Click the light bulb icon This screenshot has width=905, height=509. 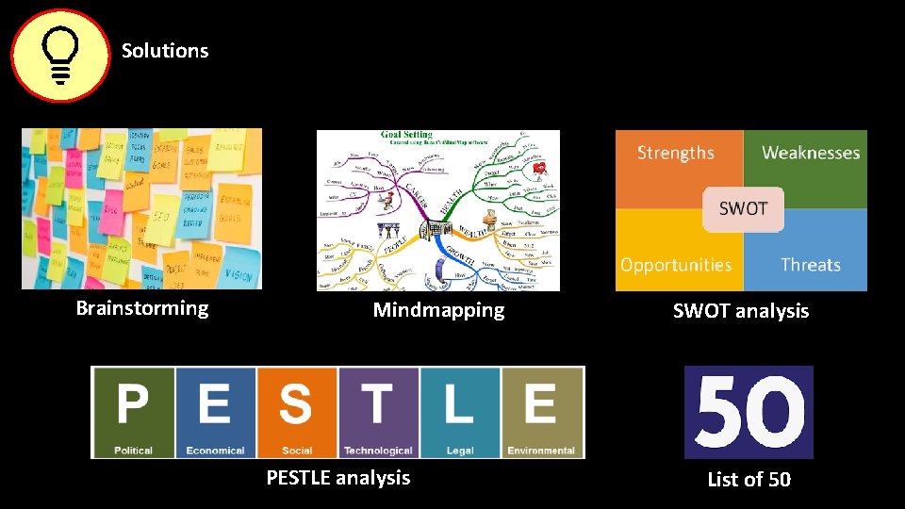60,56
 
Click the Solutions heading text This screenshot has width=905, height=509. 165,51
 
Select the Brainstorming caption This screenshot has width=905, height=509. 142,308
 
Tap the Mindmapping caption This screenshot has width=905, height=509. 438,310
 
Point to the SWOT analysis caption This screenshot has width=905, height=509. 741,311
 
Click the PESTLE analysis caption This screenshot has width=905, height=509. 338,478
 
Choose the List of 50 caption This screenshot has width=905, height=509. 749,480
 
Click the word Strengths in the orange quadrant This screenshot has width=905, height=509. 676,153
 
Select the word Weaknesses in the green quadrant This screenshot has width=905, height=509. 811,153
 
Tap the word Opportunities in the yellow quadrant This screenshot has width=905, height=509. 676,265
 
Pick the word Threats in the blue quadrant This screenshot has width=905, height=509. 811,265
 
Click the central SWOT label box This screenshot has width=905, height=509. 743,208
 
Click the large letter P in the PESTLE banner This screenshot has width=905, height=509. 133,404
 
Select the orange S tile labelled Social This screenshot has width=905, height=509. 296,412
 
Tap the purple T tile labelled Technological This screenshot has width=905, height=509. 378,412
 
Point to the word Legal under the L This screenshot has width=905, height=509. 460,451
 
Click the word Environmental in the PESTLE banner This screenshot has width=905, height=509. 542,451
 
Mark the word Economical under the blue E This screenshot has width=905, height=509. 215,451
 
